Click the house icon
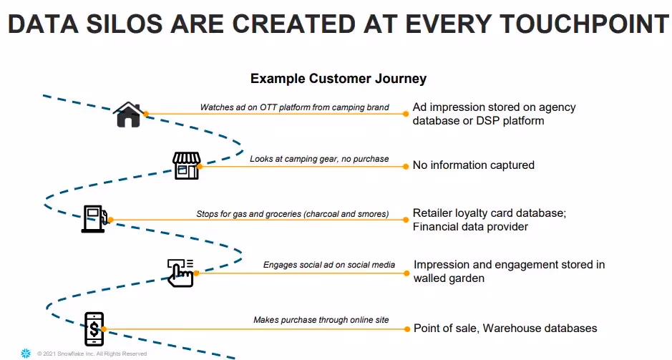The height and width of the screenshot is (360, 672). click(x=129, y=115)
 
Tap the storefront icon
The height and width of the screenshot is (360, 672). click(x=186, y=165)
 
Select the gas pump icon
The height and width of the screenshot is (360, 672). click(x=94, y=219)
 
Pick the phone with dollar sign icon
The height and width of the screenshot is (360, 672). click(x=94, y=329)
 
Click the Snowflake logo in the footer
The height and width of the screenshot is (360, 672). click(x=26, y=353)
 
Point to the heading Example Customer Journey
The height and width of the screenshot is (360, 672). click(x=338, y=79)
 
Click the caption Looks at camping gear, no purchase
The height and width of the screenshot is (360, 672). click(x=319, y=158)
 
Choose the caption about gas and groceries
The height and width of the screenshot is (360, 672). click(x=292, y=213)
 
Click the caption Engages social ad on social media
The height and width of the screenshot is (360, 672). click(x=328, y=265)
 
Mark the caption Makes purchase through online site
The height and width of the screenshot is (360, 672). click(x=321, y=320)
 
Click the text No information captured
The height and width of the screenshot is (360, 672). click(x=473, y=165)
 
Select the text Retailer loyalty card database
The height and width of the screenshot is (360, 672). click(x=487, y=213)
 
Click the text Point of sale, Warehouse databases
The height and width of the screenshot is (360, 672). click(x=505, y=329)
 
